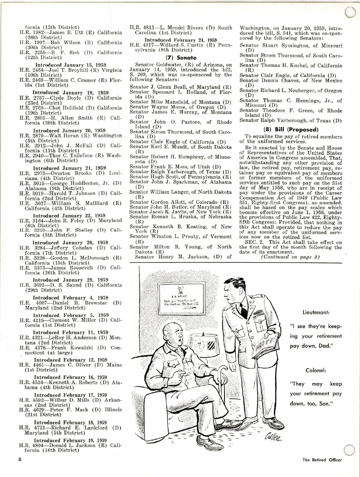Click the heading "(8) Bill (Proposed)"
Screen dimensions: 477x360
tap(290, 130)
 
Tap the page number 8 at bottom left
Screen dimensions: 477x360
tap(20, 459)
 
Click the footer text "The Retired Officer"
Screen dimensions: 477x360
tap(322, 460)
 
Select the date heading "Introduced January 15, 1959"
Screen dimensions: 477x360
tap(70, 65)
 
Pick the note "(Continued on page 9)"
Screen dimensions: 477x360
tap(290, 257)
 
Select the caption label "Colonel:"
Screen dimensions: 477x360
tap(316, 370)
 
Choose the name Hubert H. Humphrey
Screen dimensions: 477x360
tap(173, 157)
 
